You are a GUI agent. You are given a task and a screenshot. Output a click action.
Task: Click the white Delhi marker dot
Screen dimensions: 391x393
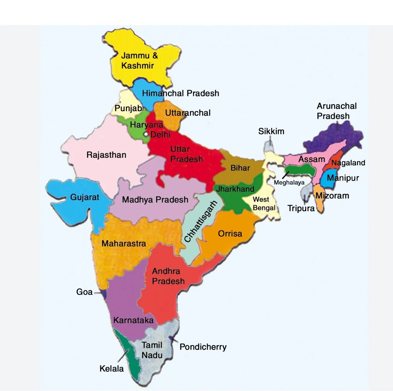pyautogui.click(x=145, y=134)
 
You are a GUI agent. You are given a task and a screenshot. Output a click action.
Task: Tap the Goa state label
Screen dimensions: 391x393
pyautogui.click(x=84, y=292)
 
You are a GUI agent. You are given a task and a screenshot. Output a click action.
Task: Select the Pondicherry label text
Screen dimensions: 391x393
pyautogui.click(x=203, y=347)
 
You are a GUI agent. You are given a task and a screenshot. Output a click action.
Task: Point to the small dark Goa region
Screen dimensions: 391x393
pyautogui.click(x=104, y=293)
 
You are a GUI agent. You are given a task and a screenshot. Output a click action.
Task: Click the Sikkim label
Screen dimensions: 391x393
pyautogui.click(x=271, y=131)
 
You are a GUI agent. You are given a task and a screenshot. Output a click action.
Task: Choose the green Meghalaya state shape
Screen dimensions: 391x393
pyautogui.click(x=299, y=170)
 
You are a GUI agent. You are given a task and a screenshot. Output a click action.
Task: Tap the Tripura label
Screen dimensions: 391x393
pyautogui.click(x=301, y=209)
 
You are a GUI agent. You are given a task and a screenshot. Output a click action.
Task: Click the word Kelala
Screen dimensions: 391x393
pyautogui.click(x=112, y=369)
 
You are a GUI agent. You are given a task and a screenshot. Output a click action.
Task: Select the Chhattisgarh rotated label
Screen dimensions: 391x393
pyautogui.click(x=200, y=221)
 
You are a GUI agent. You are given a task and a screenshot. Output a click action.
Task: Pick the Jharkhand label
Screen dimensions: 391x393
pyautogui.click(x=235, y=189)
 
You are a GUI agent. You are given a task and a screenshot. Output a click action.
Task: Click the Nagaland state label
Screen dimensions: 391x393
pyautogui.click(x=348, y=163)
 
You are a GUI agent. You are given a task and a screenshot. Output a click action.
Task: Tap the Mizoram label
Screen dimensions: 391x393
pyautogui.click(x=332, y=196)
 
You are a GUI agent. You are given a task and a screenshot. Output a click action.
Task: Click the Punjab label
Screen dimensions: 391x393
pyautogui.click(x=128, y=108)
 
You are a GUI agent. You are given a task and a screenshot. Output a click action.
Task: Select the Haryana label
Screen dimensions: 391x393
pyautogui.click(x=146, y=125)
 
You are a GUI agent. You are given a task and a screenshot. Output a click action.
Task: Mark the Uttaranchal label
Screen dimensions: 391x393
pyautogui.click(x=188, y=113)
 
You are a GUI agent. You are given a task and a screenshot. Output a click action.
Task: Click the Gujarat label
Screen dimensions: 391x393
pyautogui.click(x=85, y=197)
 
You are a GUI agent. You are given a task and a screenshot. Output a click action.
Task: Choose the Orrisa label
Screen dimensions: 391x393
pyautogui.click(x=230, y=234)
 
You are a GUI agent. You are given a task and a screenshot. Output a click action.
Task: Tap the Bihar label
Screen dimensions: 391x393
pyautogui.click(x=240, y=168)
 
